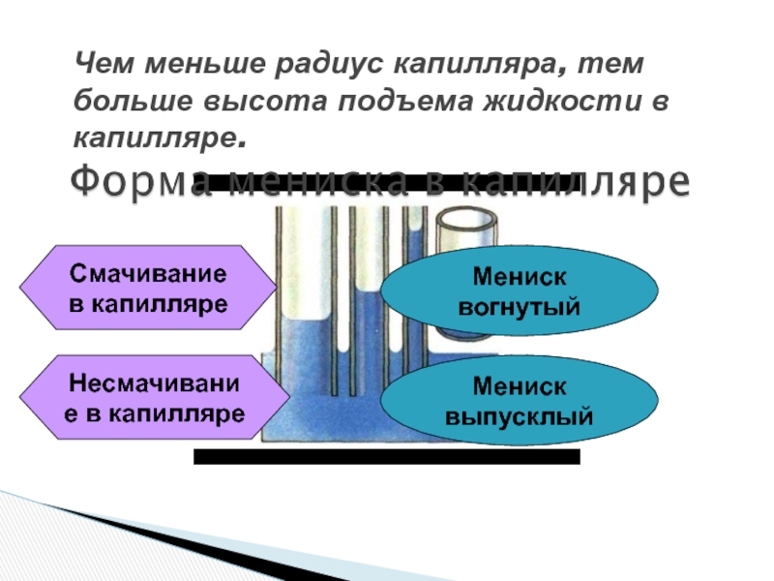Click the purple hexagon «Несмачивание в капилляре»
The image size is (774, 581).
[x=155, y=398]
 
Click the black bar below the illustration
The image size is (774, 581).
[x=387, y=457]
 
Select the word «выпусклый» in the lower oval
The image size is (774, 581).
[x=520, y=418]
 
